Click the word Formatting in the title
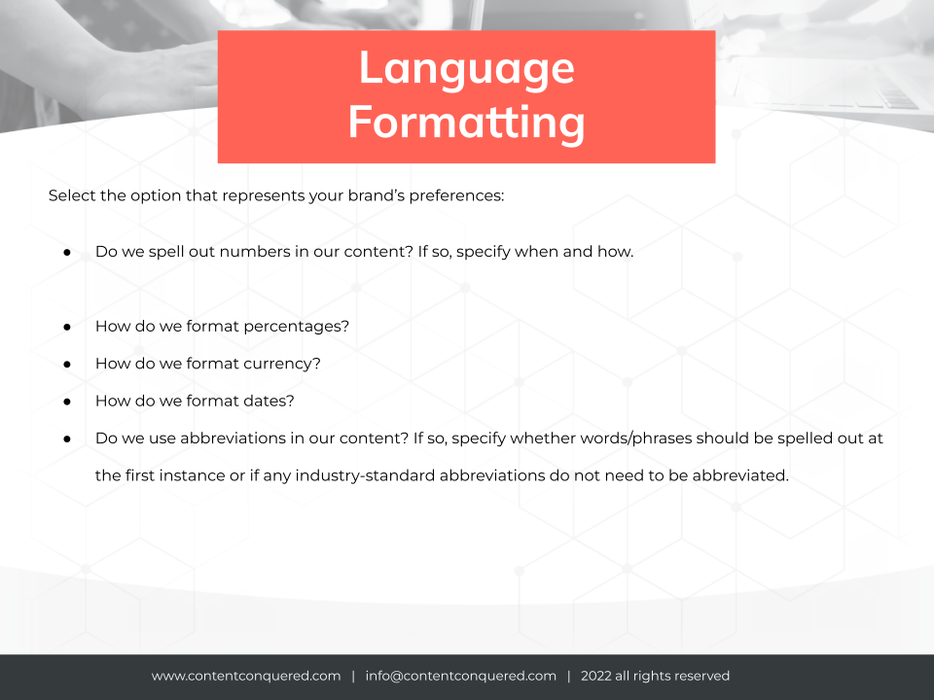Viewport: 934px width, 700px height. [x=466, y=122]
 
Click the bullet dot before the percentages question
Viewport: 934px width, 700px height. [x=67, y=327]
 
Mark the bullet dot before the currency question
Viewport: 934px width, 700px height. [x=67, y=365]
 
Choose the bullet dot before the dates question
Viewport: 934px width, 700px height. [x=67, y=402]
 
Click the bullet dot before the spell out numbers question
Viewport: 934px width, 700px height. [x=67, y=253]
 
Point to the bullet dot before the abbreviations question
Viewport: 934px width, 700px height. [x=67, y=439]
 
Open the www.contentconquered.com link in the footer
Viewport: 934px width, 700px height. [x=246, y=676]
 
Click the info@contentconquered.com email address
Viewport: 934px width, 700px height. [x=461, y=676]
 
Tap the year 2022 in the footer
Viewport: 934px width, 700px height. [x=596, y=676]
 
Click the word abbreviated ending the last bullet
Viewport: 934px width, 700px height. [x=740, y=475]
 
